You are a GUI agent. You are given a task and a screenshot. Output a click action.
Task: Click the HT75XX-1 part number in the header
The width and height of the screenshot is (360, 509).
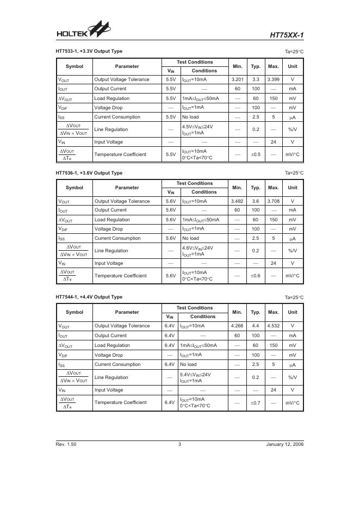pyautogui.click(x=287, y=36)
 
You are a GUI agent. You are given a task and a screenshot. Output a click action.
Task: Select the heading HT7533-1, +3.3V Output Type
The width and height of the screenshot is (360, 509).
pyautogui.click(x=89, y=51)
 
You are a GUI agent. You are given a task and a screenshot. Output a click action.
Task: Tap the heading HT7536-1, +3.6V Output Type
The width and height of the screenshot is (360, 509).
pyautogui.click(x=89, y=173)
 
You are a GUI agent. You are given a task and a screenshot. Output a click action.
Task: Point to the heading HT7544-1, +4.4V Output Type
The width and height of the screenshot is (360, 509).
pyautogui.click(x=89, y=297)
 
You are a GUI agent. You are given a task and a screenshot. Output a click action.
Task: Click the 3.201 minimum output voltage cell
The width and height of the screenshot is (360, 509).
pyautogui.click(x=237, y=79)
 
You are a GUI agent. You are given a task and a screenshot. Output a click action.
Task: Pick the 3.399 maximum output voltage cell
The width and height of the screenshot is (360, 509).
pyautogui.click(x=274, y=79)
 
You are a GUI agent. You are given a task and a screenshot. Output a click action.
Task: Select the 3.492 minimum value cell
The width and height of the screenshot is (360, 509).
pyautogui.click(x=237, y=201)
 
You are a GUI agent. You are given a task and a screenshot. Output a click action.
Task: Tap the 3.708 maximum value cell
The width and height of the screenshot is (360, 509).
pyautogui.click(x=274, y=201)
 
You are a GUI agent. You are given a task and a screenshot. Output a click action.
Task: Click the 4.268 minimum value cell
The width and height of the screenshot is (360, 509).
pyautogui.click(x=237, y=326)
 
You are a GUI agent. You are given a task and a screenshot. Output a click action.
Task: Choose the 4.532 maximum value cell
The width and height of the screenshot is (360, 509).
pyautogui.click(x=274, y=326)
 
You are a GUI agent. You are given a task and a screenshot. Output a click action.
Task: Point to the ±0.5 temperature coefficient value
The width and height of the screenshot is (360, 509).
pyautogui.click(x=256, y=154)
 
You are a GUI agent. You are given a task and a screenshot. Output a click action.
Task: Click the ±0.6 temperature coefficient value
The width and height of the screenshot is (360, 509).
pyautogui.click(x=256, y=276)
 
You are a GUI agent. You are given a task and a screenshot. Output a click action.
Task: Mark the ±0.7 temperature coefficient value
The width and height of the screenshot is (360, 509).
pyautogui.click(x=256, y=402)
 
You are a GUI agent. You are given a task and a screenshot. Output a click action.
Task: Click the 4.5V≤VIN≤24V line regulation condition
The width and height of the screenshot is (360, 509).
pyautogui.click(x=197, y=126)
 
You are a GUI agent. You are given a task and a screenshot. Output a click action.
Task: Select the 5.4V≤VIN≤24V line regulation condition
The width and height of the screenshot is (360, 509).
pyautogui.click(x=195, y=375)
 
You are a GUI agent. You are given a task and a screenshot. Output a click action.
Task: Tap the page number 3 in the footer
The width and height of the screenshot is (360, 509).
pyautogui.click(x=179, y=444)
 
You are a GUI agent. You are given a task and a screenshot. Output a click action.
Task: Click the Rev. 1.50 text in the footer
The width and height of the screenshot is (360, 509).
pyautogui.click(x=66, y=444)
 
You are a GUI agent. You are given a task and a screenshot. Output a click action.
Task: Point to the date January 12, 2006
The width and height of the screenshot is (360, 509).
pyautogui.click(x=285, y=444)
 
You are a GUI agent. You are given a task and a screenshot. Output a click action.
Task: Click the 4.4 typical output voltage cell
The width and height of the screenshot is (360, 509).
pyautogui.click(x=256, y=326)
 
